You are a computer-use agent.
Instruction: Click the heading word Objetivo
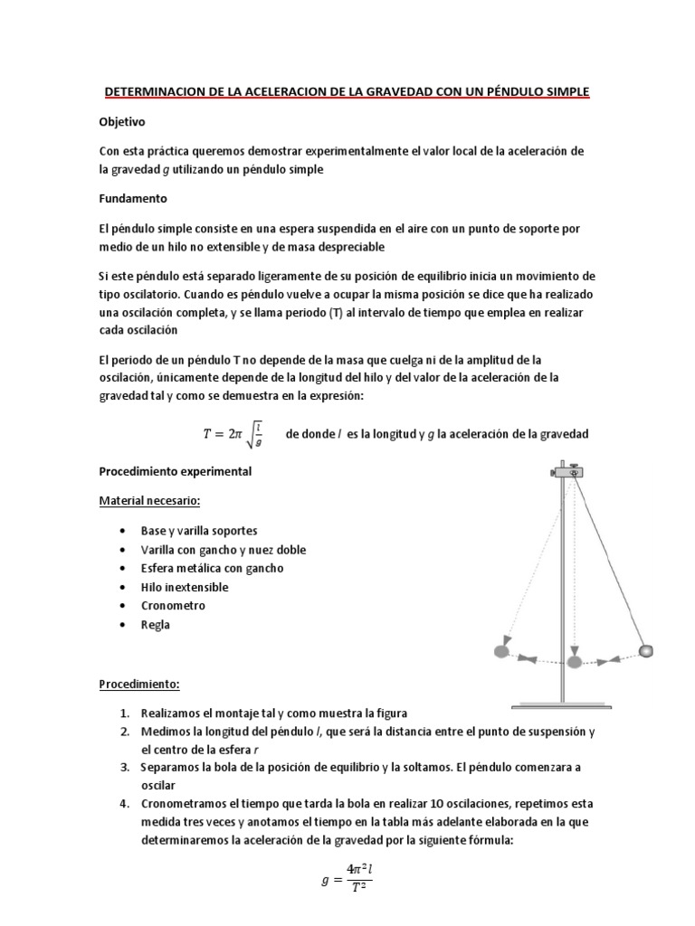[122, 120]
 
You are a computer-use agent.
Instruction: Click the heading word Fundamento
[134, 198]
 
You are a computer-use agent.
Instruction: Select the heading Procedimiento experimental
[176, 472]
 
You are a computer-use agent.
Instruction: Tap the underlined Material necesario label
[149, 500]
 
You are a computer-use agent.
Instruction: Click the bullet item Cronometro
[173, 606]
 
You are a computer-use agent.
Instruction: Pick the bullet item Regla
[155, 625]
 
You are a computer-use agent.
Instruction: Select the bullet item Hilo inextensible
[185, 587]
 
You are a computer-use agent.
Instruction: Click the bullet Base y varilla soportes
[199, 531]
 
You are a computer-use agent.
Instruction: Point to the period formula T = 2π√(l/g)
[233, 434]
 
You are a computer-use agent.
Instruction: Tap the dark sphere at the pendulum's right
[645, 651]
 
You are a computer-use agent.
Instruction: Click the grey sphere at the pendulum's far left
[500, 651]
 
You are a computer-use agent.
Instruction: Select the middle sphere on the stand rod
[573, 662]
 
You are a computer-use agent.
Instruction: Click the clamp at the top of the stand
[569, 472]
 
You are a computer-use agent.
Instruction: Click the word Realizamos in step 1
[176, 713]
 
